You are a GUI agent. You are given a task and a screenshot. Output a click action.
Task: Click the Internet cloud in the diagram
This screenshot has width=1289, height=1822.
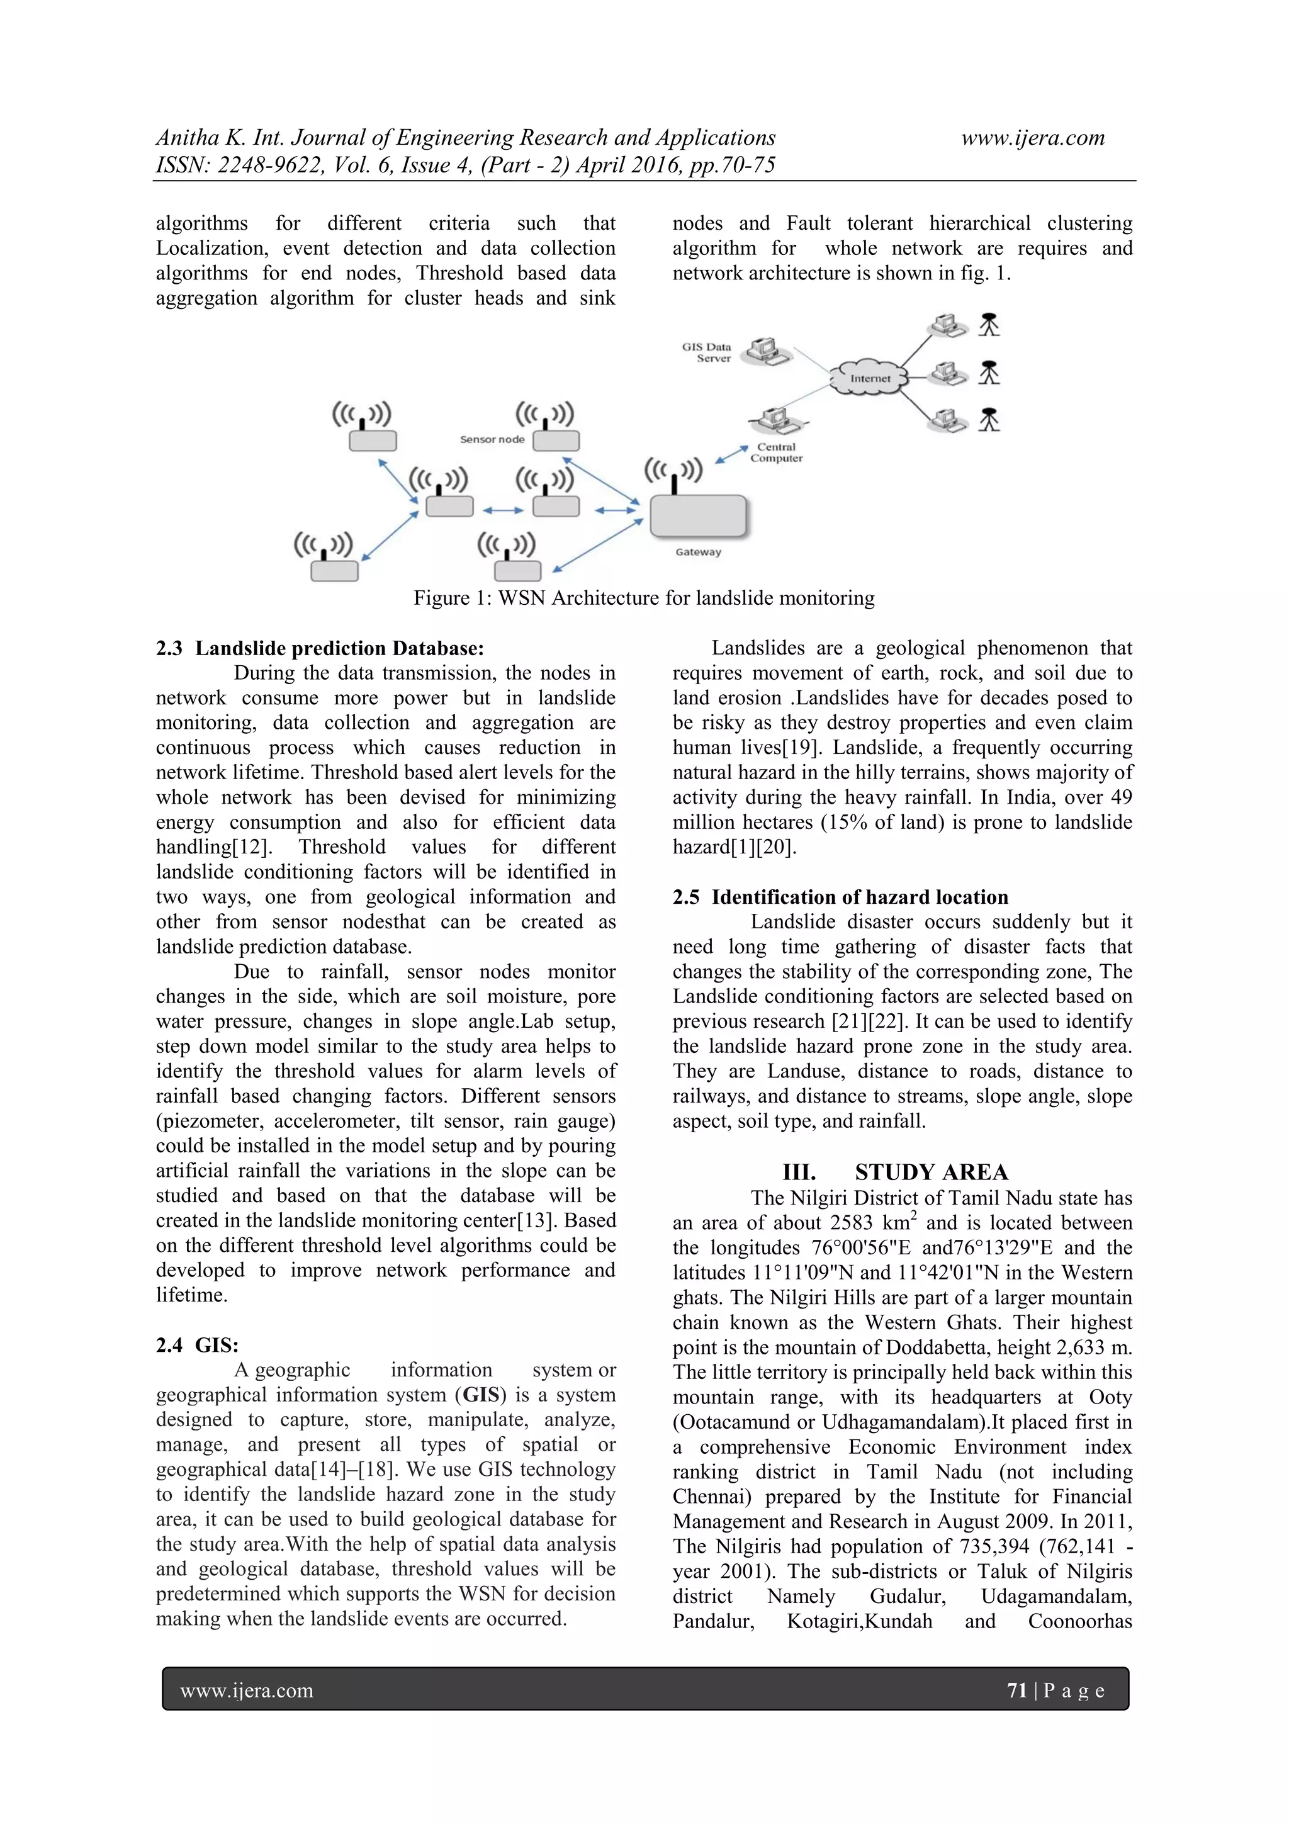tap(869, 378)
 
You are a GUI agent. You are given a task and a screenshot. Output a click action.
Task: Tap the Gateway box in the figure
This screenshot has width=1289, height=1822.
tap(699, 516)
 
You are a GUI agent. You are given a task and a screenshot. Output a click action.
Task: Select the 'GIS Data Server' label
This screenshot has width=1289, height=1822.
tap(706, 352)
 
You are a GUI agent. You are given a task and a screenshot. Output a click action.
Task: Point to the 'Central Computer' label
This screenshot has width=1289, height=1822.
tap(776, 453)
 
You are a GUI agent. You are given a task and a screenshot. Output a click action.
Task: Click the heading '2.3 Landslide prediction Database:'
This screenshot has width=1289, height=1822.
tap(319, 648)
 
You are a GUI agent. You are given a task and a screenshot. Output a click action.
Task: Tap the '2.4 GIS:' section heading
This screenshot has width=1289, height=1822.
tap(197, 1345)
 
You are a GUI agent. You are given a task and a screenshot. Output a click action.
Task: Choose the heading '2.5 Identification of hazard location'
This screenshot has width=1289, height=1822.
tap(840, 897)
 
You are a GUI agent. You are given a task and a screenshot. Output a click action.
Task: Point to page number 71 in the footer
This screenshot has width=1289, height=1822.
tap(1016, 1690)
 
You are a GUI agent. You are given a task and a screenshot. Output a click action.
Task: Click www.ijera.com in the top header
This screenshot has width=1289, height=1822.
tap(1033, 138)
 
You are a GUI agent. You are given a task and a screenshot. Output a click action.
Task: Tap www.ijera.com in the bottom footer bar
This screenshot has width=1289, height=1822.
tap(247, 1691)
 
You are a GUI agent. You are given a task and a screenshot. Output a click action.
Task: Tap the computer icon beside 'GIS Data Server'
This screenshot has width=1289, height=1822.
tap(767, 350)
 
